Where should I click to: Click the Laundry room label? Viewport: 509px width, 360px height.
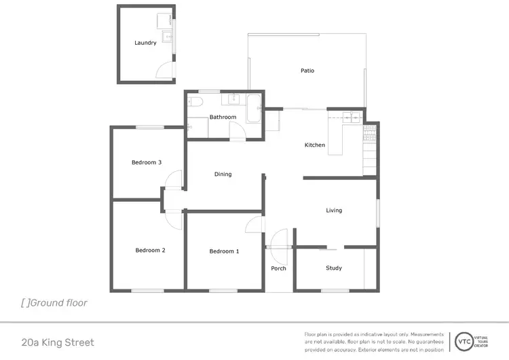pyautogui.click(x=145, y=43)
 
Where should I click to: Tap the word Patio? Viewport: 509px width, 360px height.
pyautogui.click(x=307, y=71)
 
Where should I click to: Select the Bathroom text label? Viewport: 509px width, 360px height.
pyautogui.click(x=223, y=117)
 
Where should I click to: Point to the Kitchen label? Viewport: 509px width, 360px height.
pyautogui.click(x=314, y=145)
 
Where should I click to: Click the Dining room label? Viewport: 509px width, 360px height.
pyautogui.click(x=223, y=175)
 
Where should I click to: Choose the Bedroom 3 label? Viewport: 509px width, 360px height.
pyautogui.click(x=147, y=162)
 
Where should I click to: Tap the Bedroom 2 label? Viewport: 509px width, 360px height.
pyautogui.click(x=150, y=250)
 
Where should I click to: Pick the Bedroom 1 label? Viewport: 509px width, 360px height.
pyautogui.click(x=224, y=251)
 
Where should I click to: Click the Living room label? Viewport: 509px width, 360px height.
pyautogui.click(x=334, y=211)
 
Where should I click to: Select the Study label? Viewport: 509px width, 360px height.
pyautogui.click(x=334, y=268)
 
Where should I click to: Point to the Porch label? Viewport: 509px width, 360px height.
pyautogui.click(x=278, y=268)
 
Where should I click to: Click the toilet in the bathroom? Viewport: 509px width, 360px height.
pyautogui.click(x=195, y=103)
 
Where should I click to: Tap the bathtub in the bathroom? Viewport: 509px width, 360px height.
pyautogui.click(x=252, y=109)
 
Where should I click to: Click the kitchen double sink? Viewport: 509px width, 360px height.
pyautogui.click(x=352, y=116)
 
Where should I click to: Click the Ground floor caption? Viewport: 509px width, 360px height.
pyautogui.click(x=54, y=303)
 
